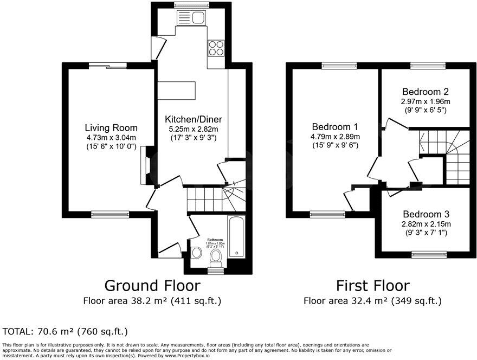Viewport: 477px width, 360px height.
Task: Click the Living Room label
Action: click(x=111, y=128)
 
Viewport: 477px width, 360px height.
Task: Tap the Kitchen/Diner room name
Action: click(x=194, y=119)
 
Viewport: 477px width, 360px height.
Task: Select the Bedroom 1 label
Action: click(x=334, y=127)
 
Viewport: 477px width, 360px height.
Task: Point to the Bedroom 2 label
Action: click(x=425, y=92)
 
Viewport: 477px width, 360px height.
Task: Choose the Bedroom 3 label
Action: click(x=426, y=214)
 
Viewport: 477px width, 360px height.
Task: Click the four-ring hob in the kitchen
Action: click(x=216, y=48)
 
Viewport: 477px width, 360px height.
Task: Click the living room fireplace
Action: click(x=146, y=167)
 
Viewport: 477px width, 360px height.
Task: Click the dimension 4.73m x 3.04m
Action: click(x=111, y=138)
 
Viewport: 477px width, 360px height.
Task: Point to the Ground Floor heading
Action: click(x=152, y=285)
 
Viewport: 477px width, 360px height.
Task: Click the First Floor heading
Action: click(x=372, y=285)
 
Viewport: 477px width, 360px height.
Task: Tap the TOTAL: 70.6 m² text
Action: click(x=65, y=331)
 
